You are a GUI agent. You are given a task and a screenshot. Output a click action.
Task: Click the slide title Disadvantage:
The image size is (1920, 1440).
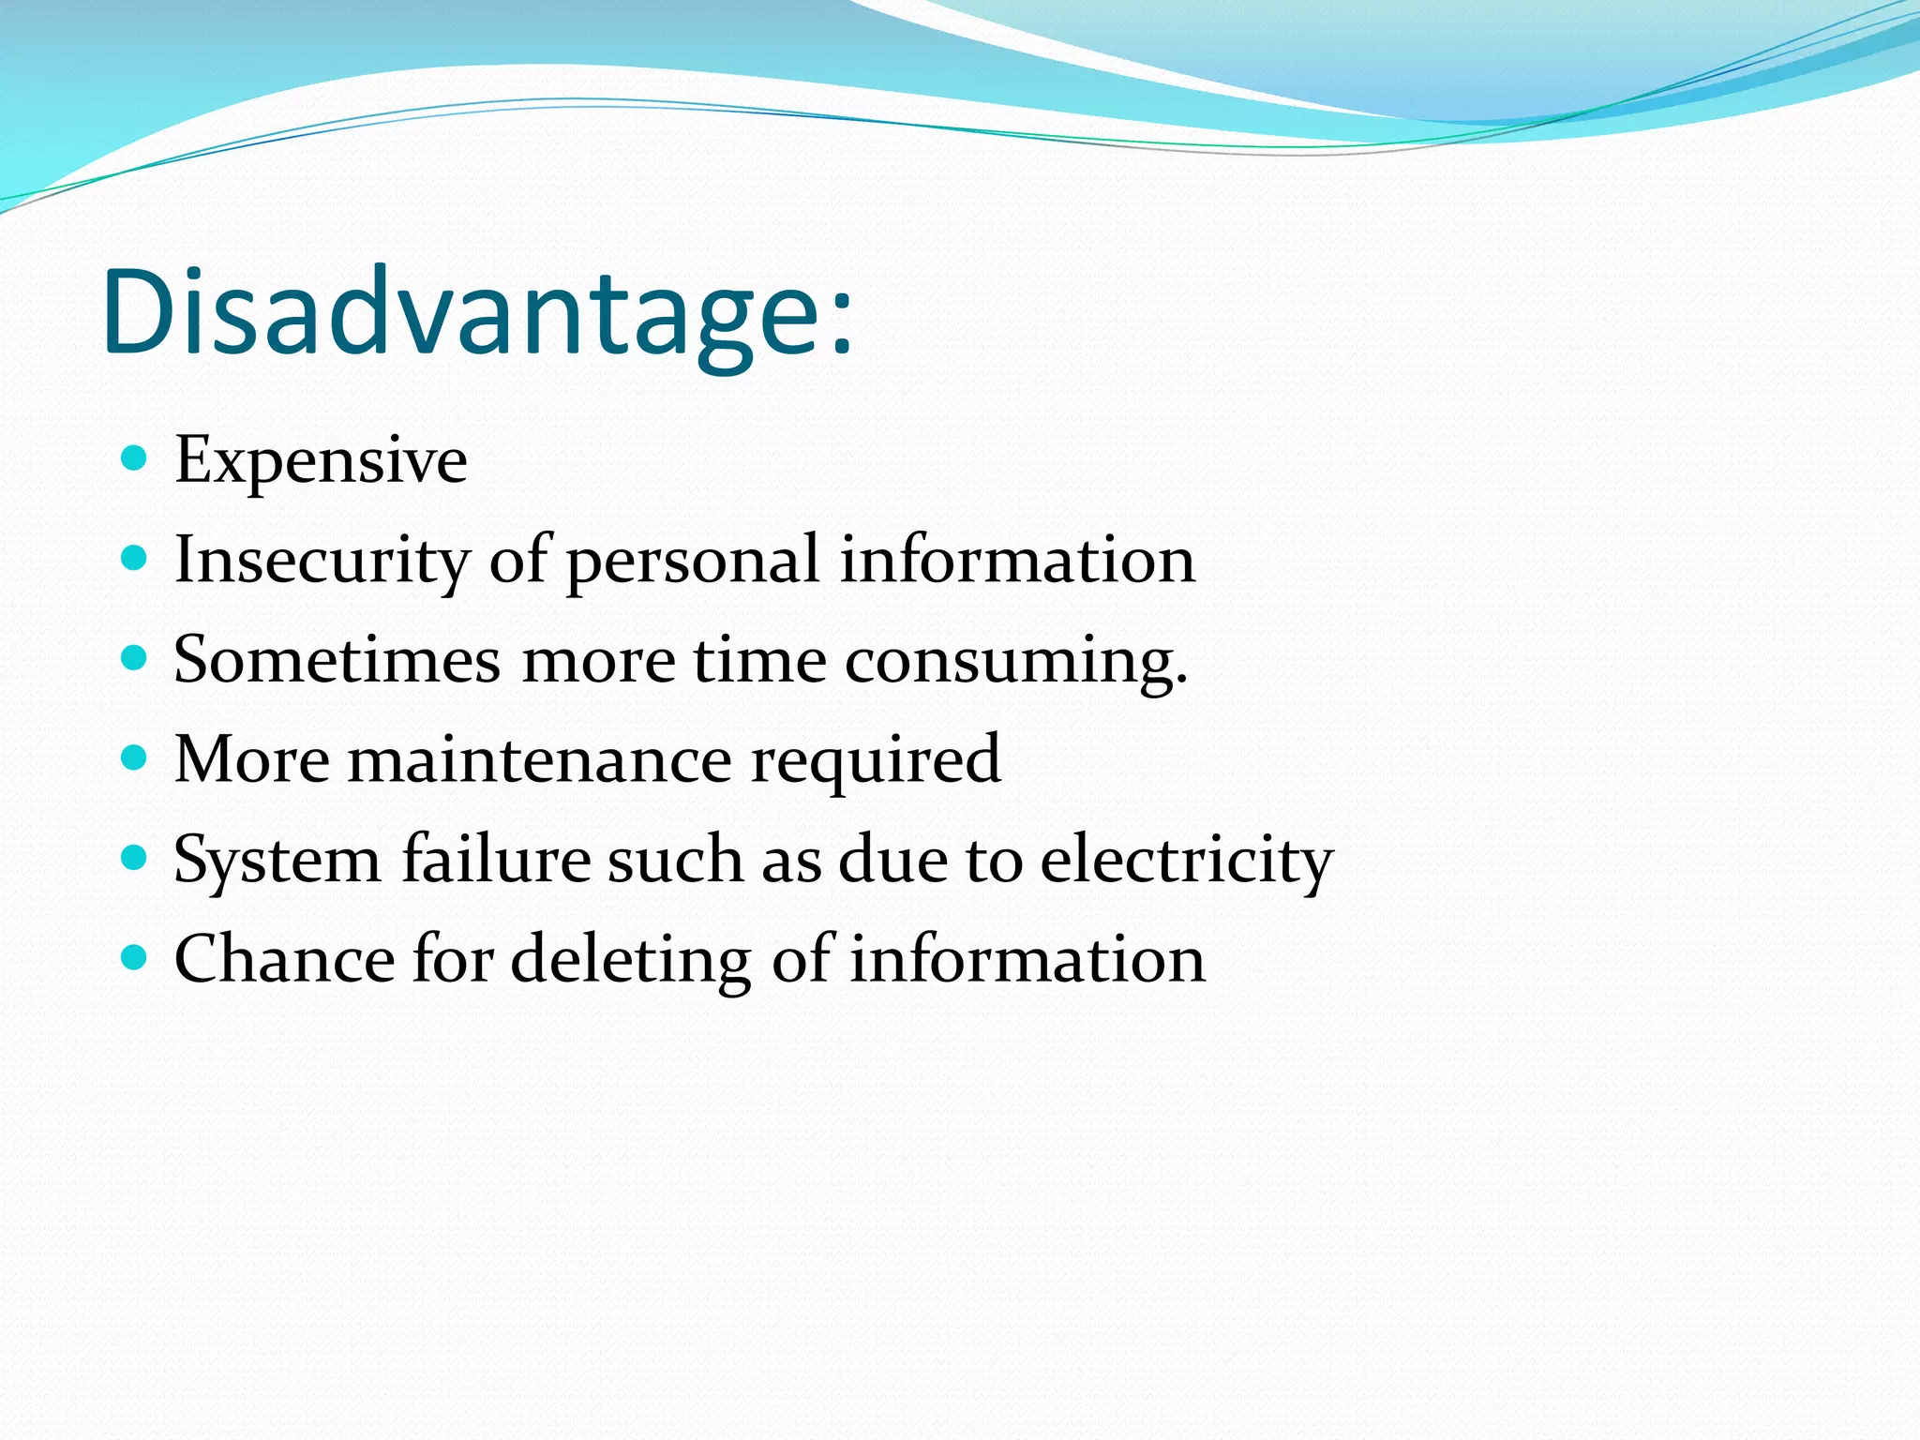478,312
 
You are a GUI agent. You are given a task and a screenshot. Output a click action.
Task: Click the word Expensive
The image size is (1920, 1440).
321,460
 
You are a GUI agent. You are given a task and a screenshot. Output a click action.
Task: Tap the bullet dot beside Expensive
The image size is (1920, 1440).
135,458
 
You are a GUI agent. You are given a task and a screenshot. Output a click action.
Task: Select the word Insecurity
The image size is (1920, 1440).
322,560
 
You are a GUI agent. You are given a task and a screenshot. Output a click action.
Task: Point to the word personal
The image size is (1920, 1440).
693,562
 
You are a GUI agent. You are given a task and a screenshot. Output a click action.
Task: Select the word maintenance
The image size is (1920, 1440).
540,759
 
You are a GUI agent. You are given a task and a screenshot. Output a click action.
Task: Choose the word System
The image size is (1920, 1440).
277,861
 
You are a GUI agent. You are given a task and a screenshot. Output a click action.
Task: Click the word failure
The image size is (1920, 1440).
496,859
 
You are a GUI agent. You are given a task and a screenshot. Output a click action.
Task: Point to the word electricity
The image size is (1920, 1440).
1186,861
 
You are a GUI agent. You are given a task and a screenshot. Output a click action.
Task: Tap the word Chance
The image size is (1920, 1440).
285,959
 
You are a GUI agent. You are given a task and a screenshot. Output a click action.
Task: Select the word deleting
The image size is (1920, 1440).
630,961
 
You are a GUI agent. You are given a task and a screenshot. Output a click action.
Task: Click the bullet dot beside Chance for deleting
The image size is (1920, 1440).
135,957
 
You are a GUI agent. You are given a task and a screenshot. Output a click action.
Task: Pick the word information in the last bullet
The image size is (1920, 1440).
1027,959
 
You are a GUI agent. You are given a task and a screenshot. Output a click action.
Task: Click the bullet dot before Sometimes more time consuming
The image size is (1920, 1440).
135,658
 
